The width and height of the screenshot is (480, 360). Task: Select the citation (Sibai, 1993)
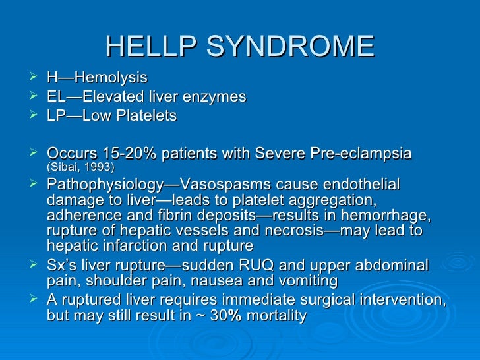(80, 167)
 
